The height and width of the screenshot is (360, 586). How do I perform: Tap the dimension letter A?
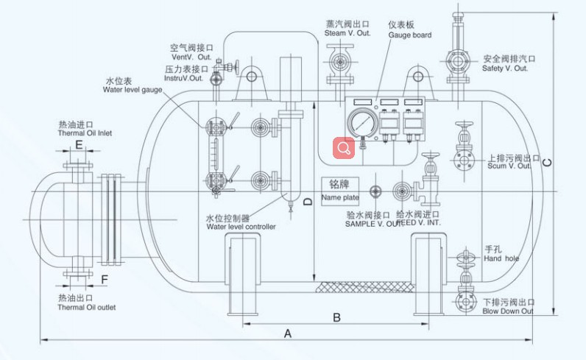point(288,333)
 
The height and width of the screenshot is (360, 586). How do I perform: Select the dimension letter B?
point(336,317)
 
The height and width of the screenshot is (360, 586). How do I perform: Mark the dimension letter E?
point(79,146)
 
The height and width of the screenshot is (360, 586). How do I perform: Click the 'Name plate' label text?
point(340,197)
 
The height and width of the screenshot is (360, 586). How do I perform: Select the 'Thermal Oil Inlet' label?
point(85,134)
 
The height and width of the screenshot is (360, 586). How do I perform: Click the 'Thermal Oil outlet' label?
point(86,307)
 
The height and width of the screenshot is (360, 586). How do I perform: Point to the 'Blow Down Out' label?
point(508,311)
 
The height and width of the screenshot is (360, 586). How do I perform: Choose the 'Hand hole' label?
point(501,259)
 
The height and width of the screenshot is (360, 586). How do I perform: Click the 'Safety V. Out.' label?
point(505,68)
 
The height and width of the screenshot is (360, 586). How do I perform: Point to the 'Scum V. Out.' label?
point(509,166)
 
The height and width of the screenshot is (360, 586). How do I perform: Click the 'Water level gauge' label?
point(133,90)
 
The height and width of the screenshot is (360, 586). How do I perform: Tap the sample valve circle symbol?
point(375,191)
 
